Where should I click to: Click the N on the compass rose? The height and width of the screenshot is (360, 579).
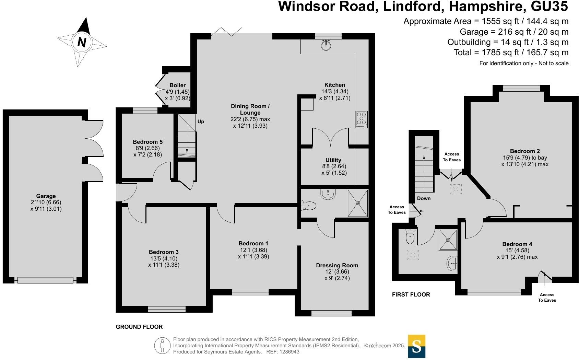(82, 42)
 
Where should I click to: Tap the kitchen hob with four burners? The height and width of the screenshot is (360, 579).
(361, 119)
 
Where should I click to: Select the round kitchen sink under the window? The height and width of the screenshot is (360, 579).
(326, 45)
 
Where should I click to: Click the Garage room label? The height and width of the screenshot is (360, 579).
(46, 196)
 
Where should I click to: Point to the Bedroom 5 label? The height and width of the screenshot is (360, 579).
(147, 142)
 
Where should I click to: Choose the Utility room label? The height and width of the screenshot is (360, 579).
(333, 160)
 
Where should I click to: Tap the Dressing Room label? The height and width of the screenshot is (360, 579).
(337, 265)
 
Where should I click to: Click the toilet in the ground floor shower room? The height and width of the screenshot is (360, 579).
(309, 206)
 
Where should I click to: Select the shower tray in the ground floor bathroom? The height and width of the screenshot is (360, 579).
(358, 203)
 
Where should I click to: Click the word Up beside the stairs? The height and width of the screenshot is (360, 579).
(201, 121)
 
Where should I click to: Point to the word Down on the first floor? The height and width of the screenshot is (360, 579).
(424, 198)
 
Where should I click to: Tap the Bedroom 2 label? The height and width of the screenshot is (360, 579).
(525, 151)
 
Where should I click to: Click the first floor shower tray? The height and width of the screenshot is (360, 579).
(448, 240)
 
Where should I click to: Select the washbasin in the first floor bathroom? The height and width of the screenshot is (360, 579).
(452, 263)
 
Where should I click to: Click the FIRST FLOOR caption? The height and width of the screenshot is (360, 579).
(411, 294)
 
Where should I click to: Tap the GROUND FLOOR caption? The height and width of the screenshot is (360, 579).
(139, 327)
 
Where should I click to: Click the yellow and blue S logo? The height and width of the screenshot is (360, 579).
(417, 346)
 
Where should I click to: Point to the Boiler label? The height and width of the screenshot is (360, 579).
(178, 85)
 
